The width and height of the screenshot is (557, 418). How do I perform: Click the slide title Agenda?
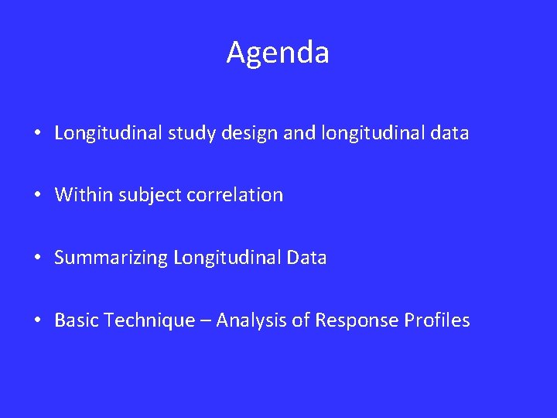coord(278,53)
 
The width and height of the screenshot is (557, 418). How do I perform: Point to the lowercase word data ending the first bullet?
coord(448,133)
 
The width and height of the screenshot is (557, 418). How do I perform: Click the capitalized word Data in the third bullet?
coord(306,258)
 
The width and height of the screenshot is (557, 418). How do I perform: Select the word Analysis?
coord(248,320)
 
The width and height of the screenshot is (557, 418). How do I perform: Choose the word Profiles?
coord(437,320)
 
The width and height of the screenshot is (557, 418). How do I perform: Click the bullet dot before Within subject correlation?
coord(38,196)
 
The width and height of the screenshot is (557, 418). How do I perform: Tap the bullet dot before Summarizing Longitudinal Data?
coord(38,259)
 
